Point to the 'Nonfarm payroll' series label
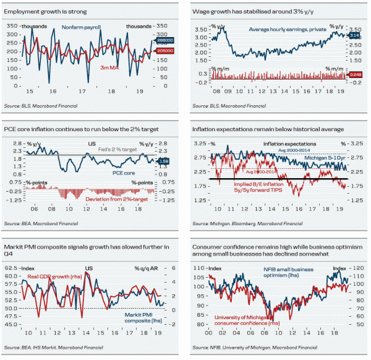click(80, 27)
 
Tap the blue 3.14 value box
click(354, 36)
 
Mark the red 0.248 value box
click(354, 75)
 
